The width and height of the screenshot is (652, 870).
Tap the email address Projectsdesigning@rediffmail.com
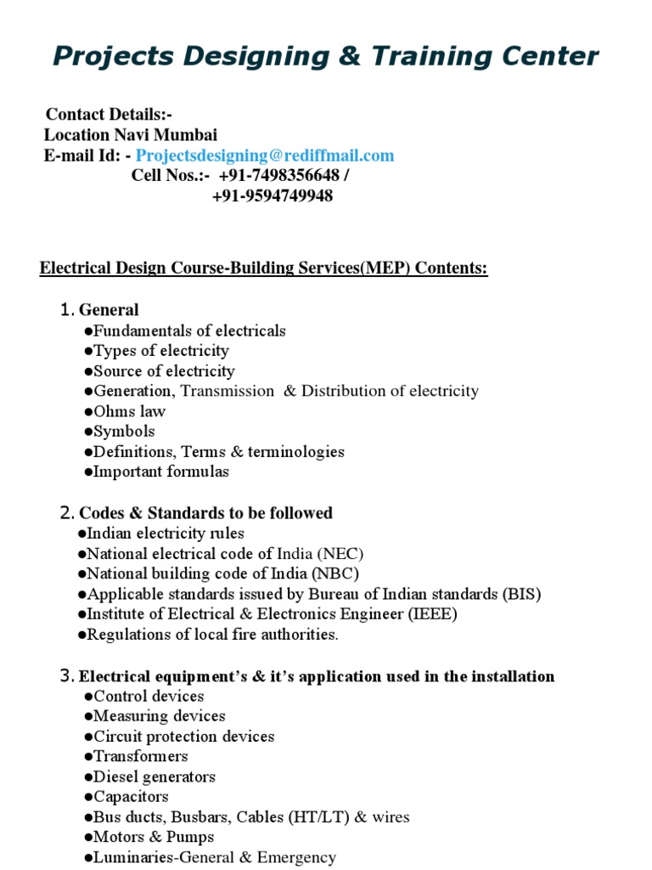[x=265, y=155]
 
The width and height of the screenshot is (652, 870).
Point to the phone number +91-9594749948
[x=272, y=196]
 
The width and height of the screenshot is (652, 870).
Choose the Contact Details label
[x=108, y=115]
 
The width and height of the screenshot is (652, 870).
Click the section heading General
[x=109, y=310]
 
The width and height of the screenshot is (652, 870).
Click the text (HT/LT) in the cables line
[x=312, y=817]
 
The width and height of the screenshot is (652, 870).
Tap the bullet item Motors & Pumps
[x=153, y=838]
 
